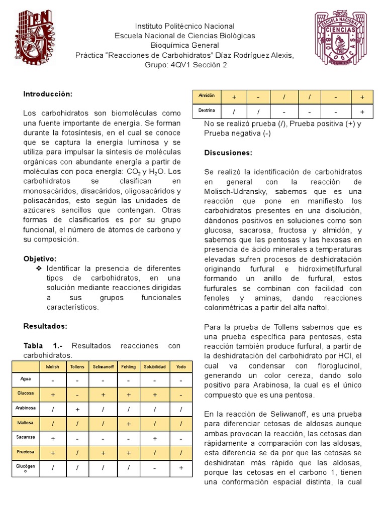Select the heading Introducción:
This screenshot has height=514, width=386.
(x=48, y=94)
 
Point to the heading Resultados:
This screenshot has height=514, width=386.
(x=45, y=326)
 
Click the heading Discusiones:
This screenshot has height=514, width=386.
(x=228, y=153)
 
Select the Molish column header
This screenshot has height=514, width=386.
(x=52, y=367)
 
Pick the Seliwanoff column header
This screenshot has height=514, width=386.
(x=104, y=367)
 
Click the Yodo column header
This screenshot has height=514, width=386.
(x=180, y=367)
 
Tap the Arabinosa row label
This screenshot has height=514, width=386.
(x=26, y=408)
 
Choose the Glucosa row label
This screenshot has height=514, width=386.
(x=26, y=394)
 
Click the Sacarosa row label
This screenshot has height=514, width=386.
(x=26, y=437)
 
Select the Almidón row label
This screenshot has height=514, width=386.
(x=207, y=95)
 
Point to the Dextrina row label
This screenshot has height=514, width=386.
(x=207, y=110)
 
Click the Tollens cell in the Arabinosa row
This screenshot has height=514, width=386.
(x=77, y=410)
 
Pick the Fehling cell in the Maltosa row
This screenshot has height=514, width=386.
(x=129, y=424)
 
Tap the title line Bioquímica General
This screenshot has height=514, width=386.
(x=184, y=45)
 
